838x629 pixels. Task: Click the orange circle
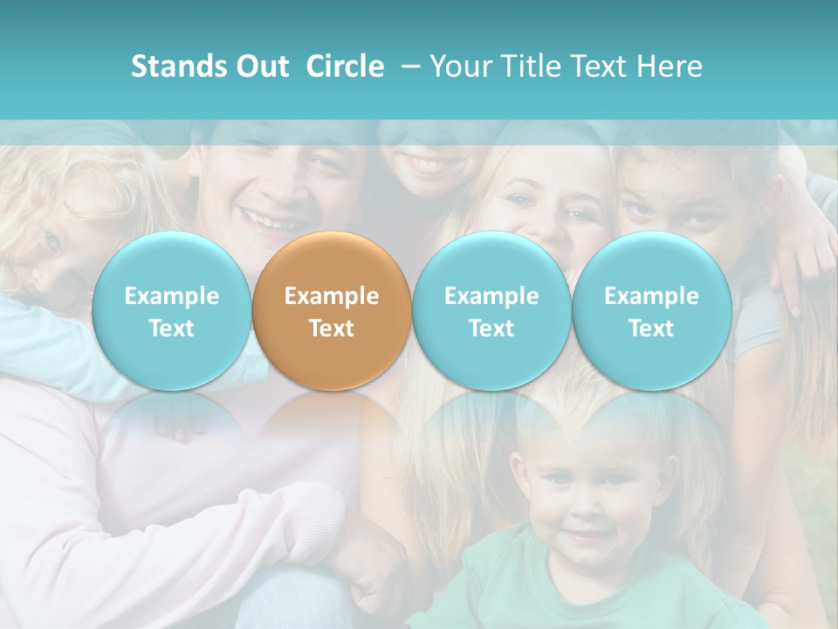pyautogui.click(x=332, y=311)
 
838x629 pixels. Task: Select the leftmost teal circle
pyautogui.click(x=171, y=311)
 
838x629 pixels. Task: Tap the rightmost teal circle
pyautogui.click(x=651, y=311)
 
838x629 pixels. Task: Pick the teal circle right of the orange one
pyautogui.click(x=491, y=311)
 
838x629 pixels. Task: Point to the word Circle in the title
pyautogui.click(x=345, y=66)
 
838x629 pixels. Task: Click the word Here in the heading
pyautogui.click(x=671, y=66)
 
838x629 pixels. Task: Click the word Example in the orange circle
pyautogui.click(x=332, y=296)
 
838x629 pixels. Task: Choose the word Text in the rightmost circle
pyautogui.click(x=651, y=328)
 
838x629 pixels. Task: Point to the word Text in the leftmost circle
pyautogui.click(x=171, y=328)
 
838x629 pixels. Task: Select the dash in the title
pyautogui.click(x=410, y=66)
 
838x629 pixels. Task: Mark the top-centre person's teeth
pyautogui.click(x=426, y=163)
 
